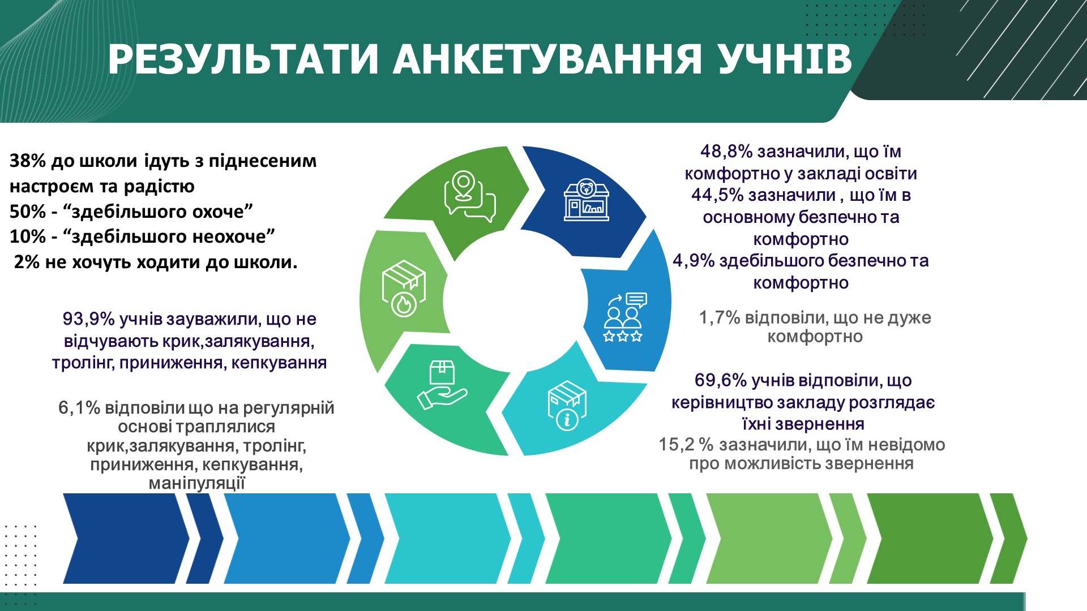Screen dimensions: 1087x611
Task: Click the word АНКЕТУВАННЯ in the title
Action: [x=548, y=59]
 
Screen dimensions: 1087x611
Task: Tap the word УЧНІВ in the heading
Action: [x=785, y=59]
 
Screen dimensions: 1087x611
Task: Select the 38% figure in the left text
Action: [x=27, y=161]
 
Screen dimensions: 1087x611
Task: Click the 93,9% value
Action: [x=88, y=320]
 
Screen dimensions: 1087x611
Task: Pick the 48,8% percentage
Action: [x=726, y=152]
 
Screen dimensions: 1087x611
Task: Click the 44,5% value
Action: [x=717, y=195]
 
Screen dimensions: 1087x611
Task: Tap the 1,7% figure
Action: [x=720, y=318]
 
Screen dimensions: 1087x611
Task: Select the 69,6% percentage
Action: [x=721, y=381]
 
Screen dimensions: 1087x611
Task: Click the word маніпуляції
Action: [x=197, y=484]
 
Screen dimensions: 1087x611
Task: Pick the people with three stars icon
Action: [x=624, y=317]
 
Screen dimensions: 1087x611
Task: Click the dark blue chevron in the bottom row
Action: [x=126, y=538]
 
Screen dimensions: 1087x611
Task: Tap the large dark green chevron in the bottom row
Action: [x=930, y=538]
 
